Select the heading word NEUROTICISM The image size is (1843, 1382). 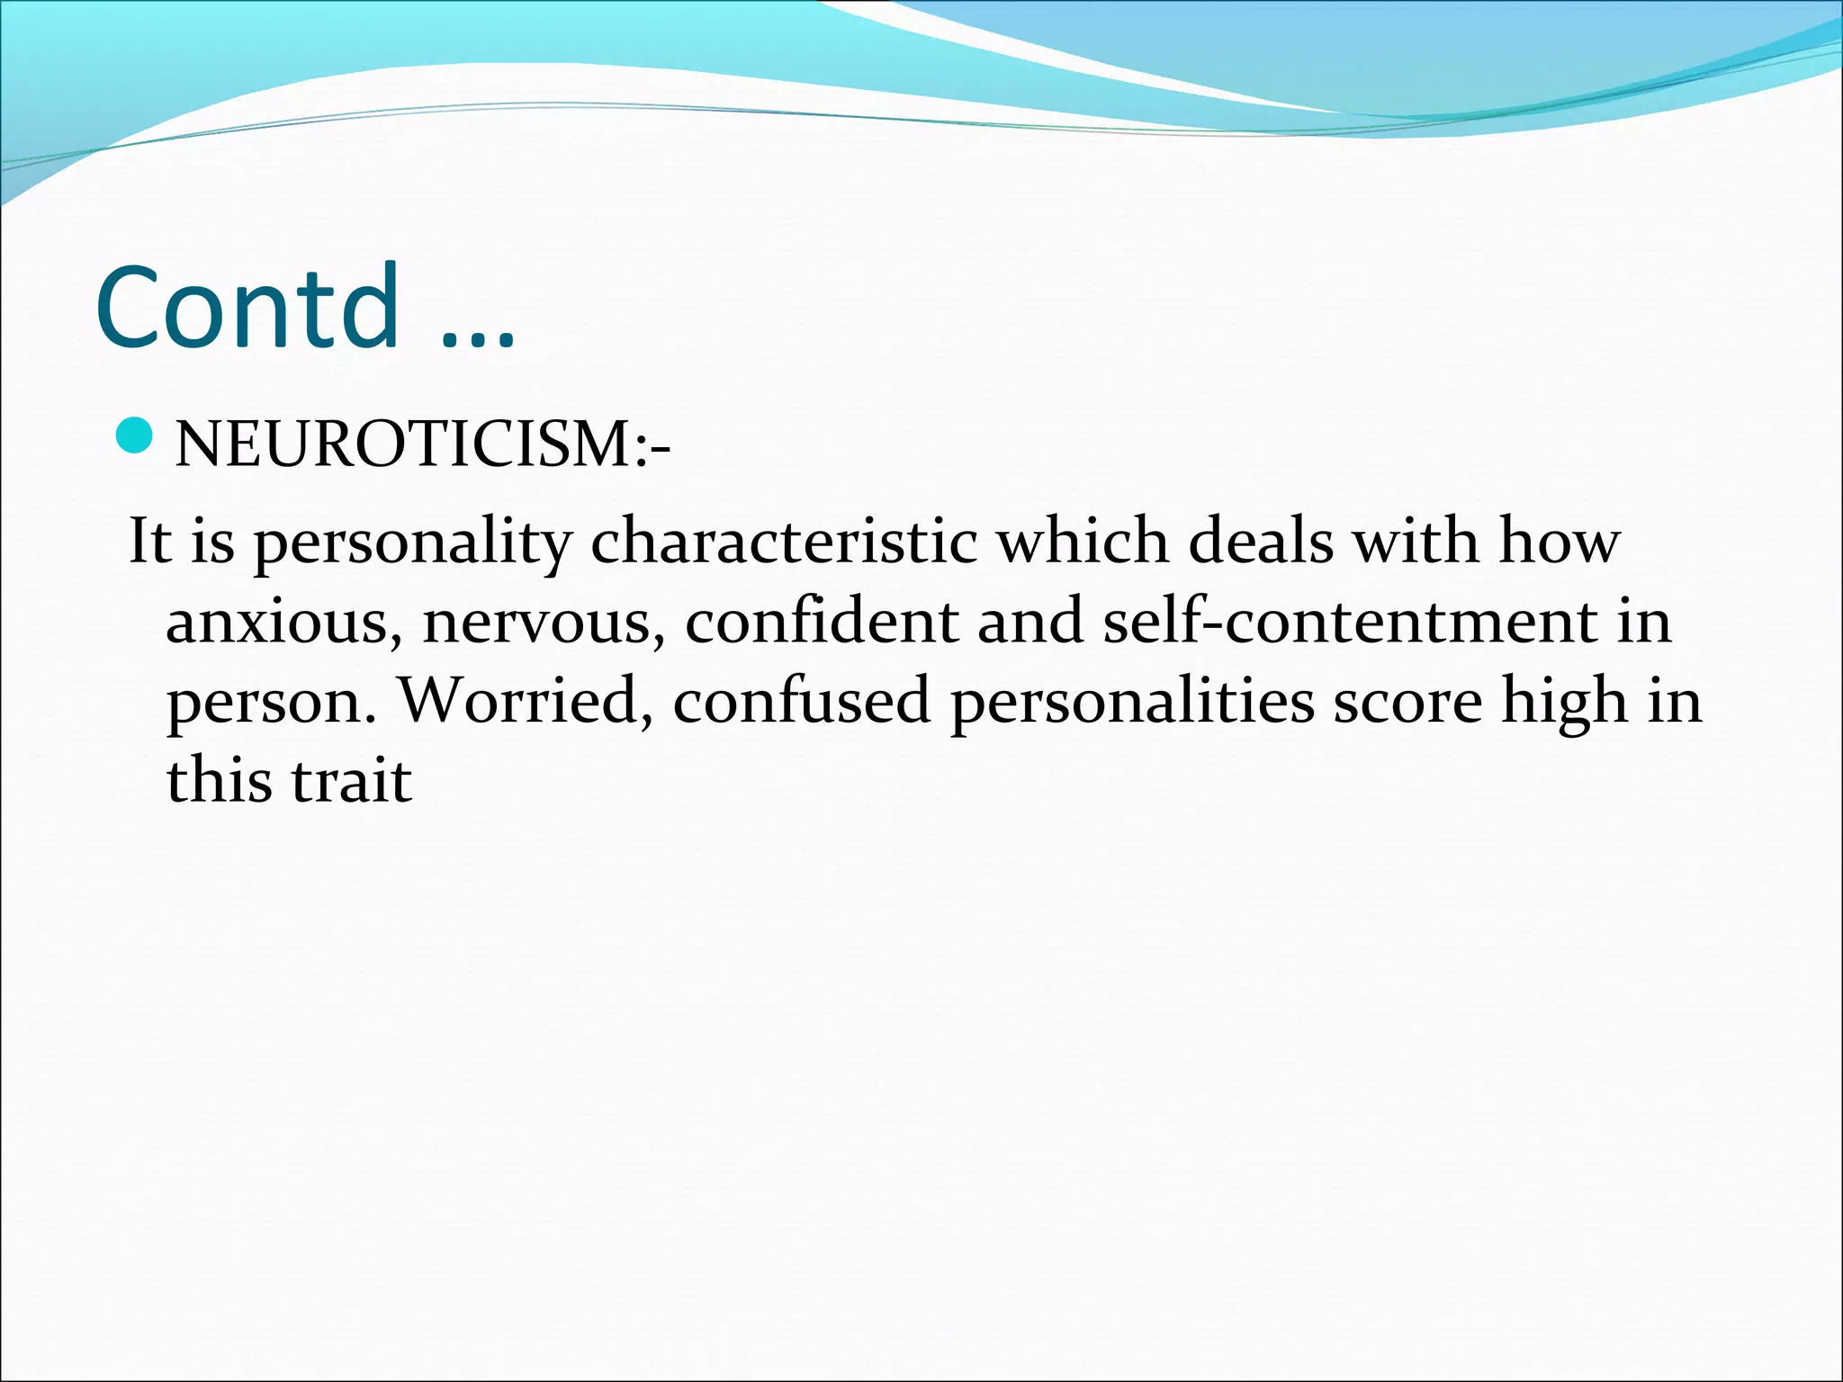coord(405,444)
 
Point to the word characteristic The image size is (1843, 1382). coord(784,543)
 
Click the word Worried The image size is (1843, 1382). coord(526,701)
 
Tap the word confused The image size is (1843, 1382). coord(801,701)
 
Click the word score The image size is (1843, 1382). coord(1407,703)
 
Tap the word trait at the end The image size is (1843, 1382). coord(352,780)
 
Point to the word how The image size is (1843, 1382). coord(1559,543)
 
